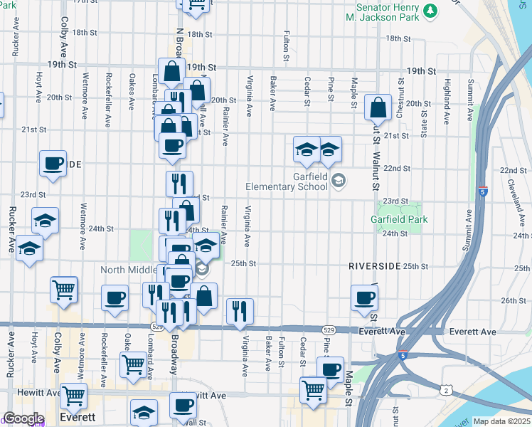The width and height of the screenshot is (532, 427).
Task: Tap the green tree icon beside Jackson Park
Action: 430,11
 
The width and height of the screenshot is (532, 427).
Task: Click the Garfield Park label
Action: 399,220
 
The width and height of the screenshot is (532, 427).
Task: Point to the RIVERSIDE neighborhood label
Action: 374,265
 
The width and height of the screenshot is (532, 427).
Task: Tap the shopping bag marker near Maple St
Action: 378,108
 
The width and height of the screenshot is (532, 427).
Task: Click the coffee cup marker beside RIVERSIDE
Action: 364,297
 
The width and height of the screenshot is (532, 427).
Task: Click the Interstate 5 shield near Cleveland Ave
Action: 483,192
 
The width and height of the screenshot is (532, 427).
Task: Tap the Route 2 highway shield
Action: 445,389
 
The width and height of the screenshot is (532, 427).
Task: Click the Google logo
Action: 23,418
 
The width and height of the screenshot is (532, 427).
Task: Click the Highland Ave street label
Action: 447,93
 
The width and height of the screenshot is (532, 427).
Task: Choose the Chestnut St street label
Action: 401,93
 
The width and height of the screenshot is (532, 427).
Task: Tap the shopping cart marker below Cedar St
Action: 313,391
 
